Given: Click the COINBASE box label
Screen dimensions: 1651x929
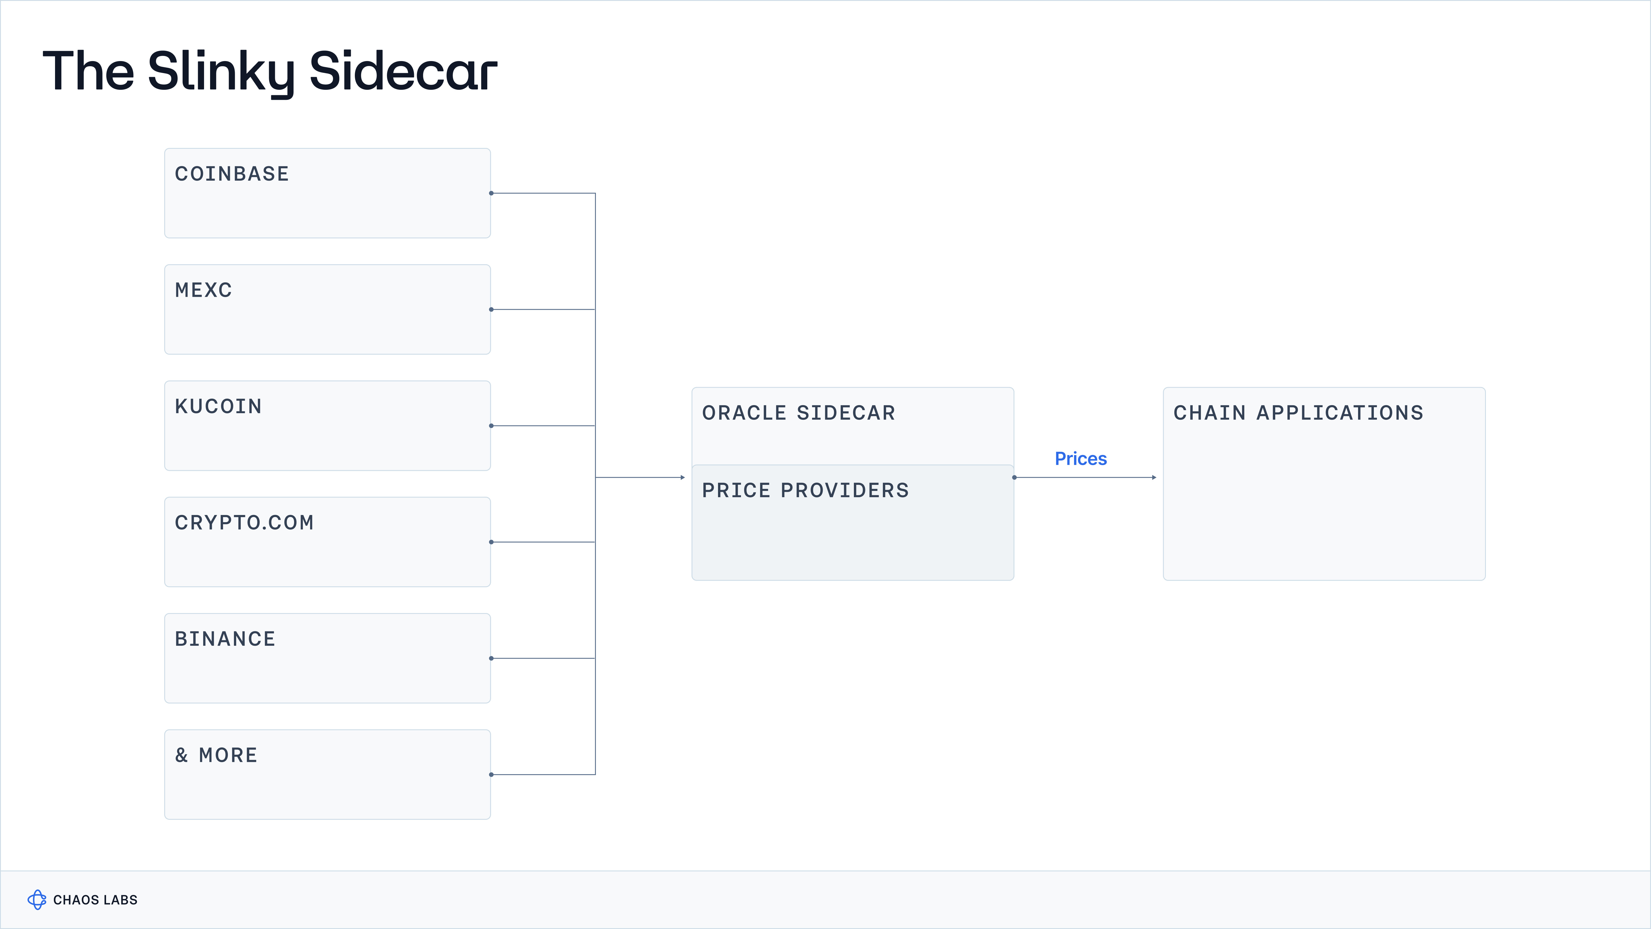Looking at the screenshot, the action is [232, 174].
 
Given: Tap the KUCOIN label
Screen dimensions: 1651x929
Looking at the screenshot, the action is [218, 407].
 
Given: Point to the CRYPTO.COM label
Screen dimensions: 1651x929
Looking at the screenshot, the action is [244, 522].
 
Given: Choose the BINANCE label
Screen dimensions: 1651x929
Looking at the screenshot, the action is [225, 639].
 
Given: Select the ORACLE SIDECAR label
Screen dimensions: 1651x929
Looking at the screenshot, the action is [799, 413].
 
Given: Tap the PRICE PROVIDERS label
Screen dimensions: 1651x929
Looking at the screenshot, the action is [805, 491].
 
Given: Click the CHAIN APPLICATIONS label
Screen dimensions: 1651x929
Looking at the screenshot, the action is [1298, 413].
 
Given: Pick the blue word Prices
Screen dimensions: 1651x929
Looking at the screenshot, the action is [1081, 459].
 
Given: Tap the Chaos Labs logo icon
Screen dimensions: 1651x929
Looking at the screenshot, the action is [36, 899].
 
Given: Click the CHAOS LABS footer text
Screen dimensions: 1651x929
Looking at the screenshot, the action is [95, 900].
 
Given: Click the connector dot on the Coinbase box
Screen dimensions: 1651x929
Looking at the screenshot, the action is [491, 193].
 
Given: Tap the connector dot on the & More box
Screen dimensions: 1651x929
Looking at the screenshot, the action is [491, 774].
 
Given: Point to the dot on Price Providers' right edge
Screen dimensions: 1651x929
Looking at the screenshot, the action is [1014, 478].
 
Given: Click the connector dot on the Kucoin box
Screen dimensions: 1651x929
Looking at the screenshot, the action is [491, 426].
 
